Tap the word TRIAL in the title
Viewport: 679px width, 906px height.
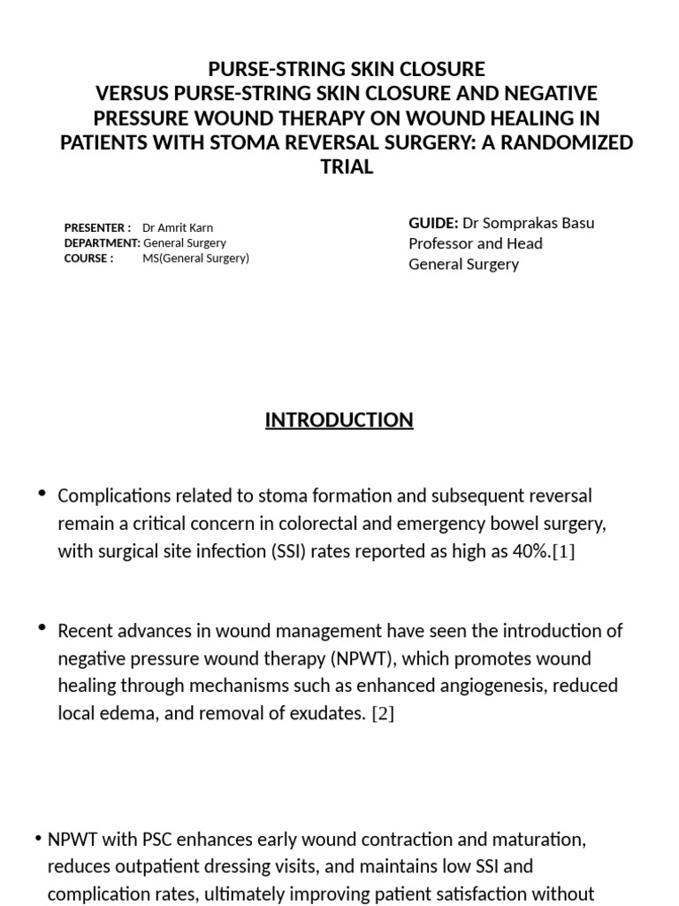pyautogui.click(x=347, y=167)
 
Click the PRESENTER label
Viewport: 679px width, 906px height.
pyautogui.click(x=97, y=227)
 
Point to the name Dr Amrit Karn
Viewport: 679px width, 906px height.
pyautogui.click(x=178, y=227)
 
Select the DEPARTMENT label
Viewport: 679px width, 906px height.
pyautogui.click(x=102, y=242)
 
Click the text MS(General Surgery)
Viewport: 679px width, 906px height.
pyautogui.click(x=195, y=257)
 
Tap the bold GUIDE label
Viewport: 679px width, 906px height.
pyautogui.click(x=433, y=223)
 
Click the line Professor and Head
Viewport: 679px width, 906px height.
pyautogui.click(x=476, y=243)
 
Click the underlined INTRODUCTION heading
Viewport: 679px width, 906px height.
pyautogui.click(x=339, y=419)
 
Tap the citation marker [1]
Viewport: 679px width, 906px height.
pyautogui.click(x=562, y=551)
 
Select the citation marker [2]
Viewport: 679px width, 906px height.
pyautogui.click(x=382, y=714)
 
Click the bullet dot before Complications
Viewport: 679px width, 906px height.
pyautogui.click(x=42, y=492)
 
